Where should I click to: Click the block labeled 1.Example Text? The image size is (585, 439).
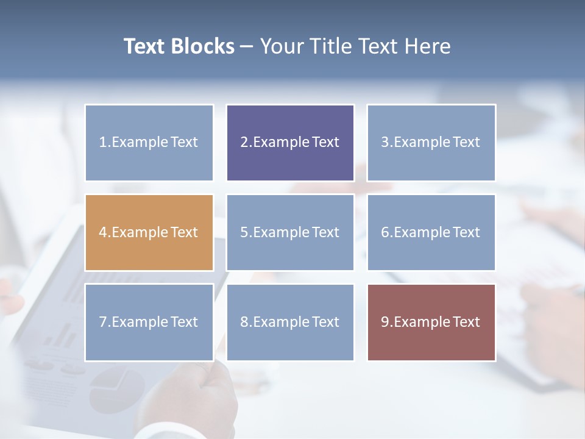[x=149, y=143]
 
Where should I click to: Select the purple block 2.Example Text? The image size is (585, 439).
[x=290, y=143]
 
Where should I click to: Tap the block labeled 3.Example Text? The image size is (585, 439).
[x=431, y=143]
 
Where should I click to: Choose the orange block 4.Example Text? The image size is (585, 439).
[x=149, y=232]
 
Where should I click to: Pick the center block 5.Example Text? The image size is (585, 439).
[x=290, y=232]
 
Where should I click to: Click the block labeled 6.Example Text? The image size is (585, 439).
[x=431, y=232]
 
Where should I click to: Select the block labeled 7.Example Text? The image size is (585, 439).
[x=149, y=322]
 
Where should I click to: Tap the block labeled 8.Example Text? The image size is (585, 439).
[x=290, y=322]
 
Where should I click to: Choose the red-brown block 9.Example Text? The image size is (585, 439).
[x=431, y=322]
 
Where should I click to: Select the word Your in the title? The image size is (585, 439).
[x=282, y=46]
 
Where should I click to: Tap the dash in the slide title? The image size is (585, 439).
[x=247, y=47]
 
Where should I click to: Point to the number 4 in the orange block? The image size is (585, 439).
[x=103, y=232]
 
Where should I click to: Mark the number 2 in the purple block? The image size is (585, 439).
[x=244, y=143]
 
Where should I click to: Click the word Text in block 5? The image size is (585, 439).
[x=325, y=232]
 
